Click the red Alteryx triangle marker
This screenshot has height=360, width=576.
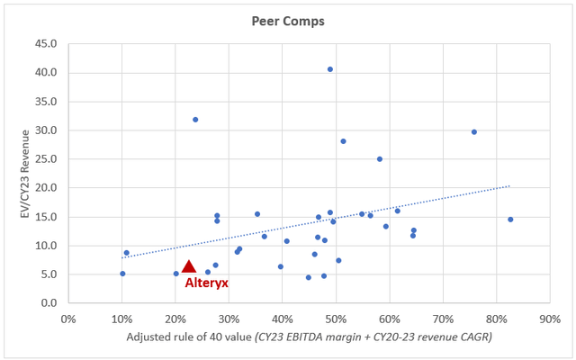pyautogui.click(x=188, y=266)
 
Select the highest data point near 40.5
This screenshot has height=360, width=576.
pyautogui.click(x=330, y=69)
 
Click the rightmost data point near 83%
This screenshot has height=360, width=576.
pyautogui.click(x=510, y=220)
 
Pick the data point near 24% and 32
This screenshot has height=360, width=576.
pyautogui.click(x=195, y=120)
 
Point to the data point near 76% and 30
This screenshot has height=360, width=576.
pyautogui.click(x=474, y=132)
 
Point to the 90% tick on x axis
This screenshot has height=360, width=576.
pyautogui.click(x=550, y=319)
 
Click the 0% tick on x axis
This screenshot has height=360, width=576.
pyautogui.click(x=68, y=319)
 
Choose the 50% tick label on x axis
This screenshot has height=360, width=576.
pyautogui.click(x=336, y=319)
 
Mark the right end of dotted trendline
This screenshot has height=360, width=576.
pyautogui.click(x=509, y=186)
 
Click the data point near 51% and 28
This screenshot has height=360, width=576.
pyautogui.click(x=344, y=141)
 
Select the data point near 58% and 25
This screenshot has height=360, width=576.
pyautogui.click(x=380, y=159)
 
